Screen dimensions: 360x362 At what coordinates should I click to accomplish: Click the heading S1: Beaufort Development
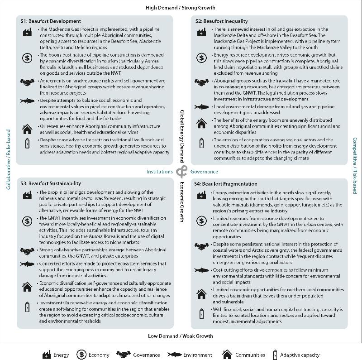coord(51,21)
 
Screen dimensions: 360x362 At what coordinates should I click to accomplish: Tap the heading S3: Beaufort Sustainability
coord(51,183)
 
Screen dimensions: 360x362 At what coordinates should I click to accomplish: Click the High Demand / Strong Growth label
coord(181,8)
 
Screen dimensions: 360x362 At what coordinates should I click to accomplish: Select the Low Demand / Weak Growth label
coord(181,336)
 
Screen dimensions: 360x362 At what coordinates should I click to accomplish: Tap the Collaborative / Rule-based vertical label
coord(9,159)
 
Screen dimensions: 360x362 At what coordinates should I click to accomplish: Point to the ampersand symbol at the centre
coord(181,172)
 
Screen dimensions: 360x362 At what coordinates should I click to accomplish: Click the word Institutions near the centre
coord(159,172)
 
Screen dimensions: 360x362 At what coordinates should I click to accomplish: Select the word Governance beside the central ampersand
coord(204,172)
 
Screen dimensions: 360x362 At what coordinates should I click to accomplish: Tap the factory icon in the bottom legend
coord(47,355)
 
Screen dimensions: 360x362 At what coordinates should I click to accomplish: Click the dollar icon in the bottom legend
coord(82,355)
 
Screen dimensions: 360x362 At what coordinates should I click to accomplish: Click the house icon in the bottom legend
coord(227,355)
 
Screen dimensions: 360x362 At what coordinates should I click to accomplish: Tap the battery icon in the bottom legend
coord(275,355)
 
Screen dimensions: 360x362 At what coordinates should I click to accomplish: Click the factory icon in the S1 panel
coord(27,32)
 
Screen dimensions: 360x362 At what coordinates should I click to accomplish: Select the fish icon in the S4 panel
coord(201,271)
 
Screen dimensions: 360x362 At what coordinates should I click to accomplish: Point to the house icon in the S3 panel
coord(27,286)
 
